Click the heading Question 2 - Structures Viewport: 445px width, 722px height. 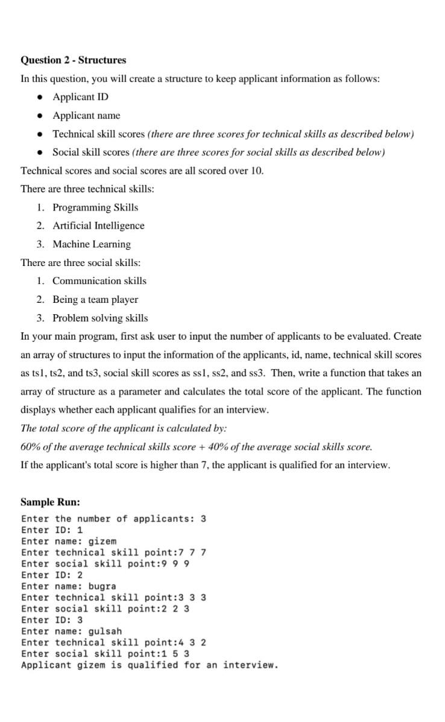[74, 60]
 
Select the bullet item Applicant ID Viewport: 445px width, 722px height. [81, 97]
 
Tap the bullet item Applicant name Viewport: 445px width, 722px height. [86, 115]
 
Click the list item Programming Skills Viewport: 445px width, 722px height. [95, 207]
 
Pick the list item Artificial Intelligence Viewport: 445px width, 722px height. [98, 226]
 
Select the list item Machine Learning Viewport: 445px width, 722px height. [92, 244]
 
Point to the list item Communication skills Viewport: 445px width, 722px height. [99, 281]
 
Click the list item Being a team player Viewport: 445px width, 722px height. [95, 299]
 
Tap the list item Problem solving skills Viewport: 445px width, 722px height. [100, 318]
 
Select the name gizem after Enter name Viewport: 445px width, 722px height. [103, 542]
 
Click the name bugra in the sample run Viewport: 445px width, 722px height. [103, 586]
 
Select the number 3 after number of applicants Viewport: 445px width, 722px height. [203, 519]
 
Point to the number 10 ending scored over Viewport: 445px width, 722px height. [256, 171]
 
